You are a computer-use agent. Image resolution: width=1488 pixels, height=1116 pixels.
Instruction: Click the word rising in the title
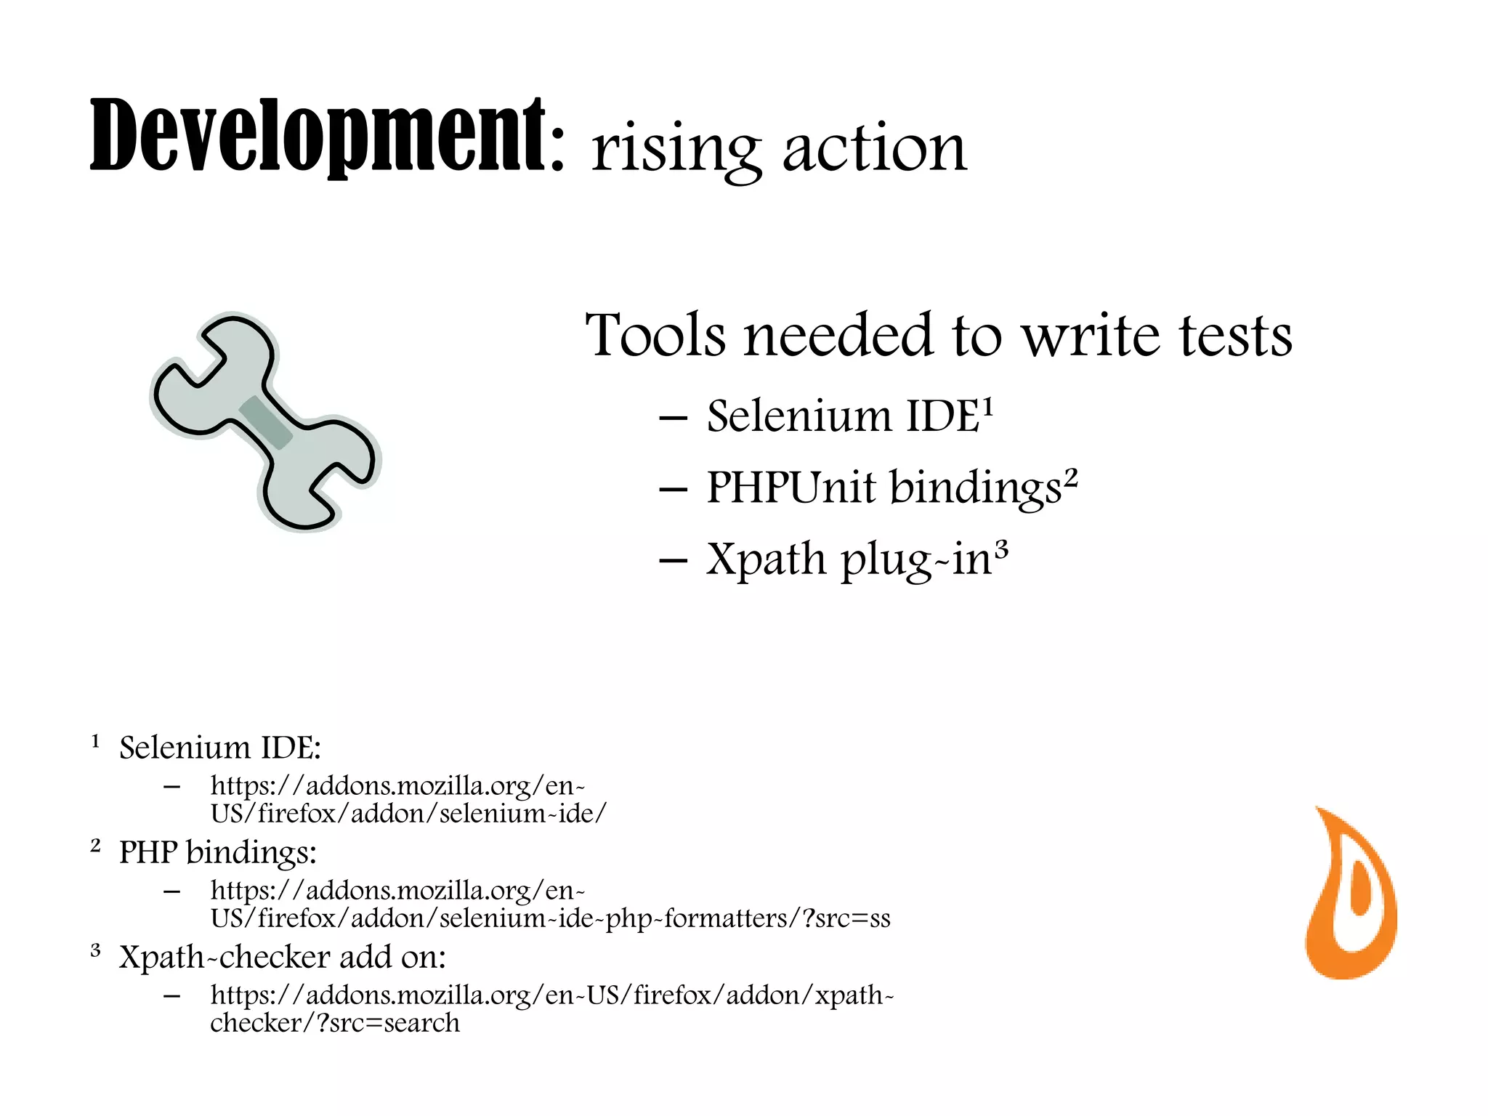coord(676,149)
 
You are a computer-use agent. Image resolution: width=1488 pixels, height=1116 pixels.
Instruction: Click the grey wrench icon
coord(265,422)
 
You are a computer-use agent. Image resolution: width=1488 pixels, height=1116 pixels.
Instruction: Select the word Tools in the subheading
coord(655,336)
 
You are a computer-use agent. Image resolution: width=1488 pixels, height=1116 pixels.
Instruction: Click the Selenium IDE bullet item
coord(843,417)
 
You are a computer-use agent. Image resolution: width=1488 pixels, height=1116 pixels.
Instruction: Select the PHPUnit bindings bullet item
coord(883,488)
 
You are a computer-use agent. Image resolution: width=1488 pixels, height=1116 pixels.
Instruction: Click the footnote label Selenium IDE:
coord(219,748)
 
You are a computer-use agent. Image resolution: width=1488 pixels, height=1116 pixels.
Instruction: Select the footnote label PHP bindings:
coord(218,852)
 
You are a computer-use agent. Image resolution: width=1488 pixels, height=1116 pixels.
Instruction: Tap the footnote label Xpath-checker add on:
coord(282,957)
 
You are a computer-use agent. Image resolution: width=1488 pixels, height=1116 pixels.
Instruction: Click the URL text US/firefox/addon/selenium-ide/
coord(408,814)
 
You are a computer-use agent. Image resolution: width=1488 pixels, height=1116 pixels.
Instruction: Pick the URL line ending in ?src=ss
coord(550,918)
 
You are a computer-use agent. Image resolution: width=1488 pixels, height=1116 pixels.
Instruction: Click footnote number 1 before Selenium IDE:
coord(95,742)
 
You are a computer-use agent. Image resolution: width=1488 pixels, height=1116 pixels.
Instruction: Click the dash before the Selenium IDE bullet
coord(673,419)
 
